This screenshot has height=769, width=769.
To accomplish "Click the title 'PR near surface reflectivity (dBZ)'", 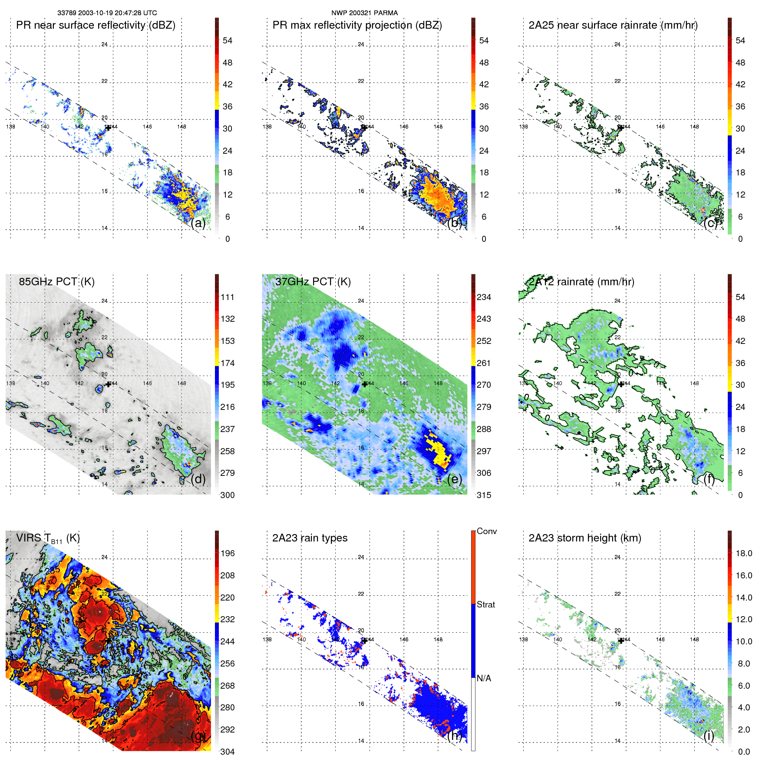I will click(x=96, y=25).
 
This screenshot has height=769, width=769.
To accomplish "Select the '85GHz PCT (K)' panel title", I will click(x=56, y=282).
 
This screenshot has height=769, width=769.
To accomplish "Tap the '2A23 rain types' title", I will click(x=310, y=538).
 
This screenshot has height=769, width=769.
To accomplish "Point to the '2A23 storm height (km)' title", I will click(x=584, y=538).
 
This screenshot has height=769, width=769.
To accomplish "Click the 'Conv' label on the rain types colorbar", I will click(x=486, y=531).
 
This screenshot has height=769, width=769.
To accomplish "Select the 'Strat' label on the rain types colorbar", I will click(x=485, y=604).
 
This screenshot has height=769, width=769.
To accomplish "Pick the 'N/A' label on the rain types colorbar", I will click(x=484, y=678).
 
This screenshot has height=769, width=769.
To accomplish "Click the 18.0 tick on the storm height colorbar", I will click(x=743, y=553).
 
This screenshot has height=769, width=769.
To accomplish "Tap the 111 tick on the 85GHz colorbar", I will click(x=227, y=297).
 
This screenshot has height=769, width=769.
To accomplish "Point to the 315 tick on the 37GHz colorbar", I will click(x=484, y=495).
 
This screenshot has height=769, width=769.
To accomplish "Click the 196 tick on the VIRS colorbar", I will click(x=227, y=553).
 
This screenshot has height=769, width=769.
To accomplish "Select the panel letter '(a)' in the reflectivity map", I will click(x=198, y=223).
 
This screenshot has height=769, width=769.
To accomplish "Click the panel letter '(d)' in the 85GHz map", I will click(x=198, y=479).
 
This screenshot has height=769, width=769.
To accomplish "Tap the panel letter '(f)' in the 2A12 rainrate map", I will click(x=710, y=479).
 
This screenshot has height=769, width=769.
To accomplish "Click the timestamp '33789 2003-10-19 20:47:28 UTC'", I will click(x=107, y=13).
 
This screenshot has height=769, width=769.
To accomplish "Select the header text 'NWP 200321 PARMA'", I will click(x=364, y=13).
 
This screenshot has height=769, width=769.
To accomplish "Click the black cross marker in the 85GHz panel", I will click(x=108, y=384).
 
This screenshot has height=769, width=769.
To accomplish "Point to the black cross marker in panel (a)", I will click(x=108, y=128).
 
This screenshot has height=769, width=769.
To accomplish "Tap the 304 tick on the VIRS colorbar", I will click(x=227, y=752).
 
